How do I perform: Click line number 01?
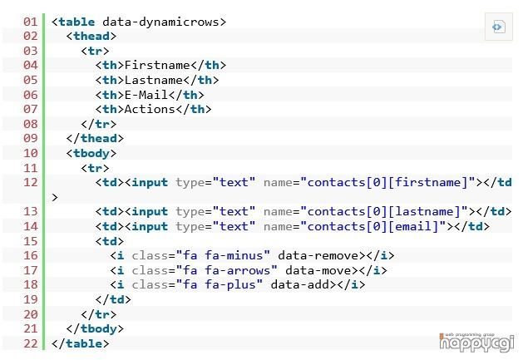(x=30, y=21)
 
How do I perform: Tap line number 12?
(x=30, y=182)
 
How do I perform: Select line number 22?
(x=30, y=343)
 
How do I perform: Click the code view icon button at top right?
(x=498, y=27)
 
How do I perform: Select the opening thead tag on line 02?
(x=91, y=36)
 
